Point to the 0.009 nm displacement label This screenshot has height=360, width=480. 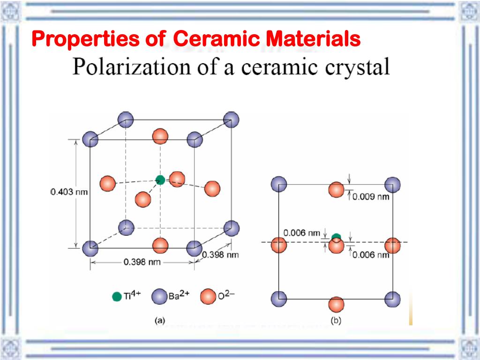point(371,196)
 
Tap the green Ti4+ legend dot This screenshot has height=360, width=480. point(117,297)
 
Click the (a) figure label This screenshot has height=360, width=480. point(160,321)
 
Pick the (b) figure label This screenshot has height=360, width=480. point(337,321)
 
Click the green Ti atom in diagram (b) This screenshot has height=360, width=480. point(336,237)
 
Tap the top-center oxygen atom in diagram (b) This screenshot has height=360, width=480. point(336,190)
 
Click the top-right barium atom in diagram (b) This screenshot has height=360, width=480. point(392,184)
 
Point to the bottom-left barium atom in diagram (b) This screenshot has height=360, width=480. point(279,298)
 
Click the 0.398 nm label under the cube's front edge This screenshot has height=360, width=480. point(142,262)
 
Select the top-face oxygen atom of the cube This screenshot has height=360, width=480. point(160,136)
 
